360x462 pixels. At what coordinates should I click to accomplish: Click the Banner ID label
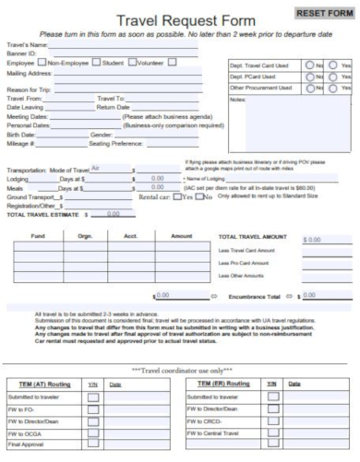point(22,53)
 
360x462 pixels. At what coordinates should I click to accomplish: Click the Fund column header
point(38,236)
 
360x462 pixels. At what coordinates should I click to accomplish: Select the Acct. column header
point(129,236)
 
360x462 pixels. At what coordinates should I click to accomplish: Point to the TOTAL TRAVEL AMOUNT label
point(254,237)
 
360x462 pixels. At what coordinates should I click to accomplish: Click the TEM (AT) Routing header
point(42,382)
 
